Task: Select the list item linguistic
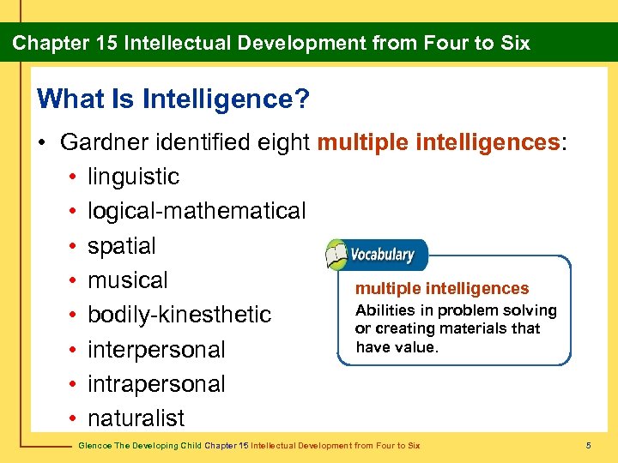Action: click(133, 177)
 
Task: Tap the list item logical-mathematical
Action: click(197, 211)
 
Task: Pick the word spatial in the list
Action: click(122, 246)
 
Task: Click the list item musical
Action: click(128, 280)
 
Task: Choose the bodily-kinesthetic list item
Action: click(179, 315)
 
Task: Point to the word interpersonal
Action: click(156, 350)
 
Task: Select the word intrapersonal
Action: click(156, 384)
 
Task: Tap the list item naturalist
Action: click(136, 418)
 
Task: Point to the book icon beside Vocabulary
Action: click(336, 255)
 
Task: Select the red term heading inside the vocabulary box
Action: click(442, 289)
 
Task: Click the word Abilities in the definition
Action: click(384, 310)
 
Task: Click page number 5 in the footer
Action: click(589, 446)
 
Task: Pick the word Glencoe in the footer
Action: click(92, 446)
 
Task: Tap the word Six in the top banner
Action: click(514, 43)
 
